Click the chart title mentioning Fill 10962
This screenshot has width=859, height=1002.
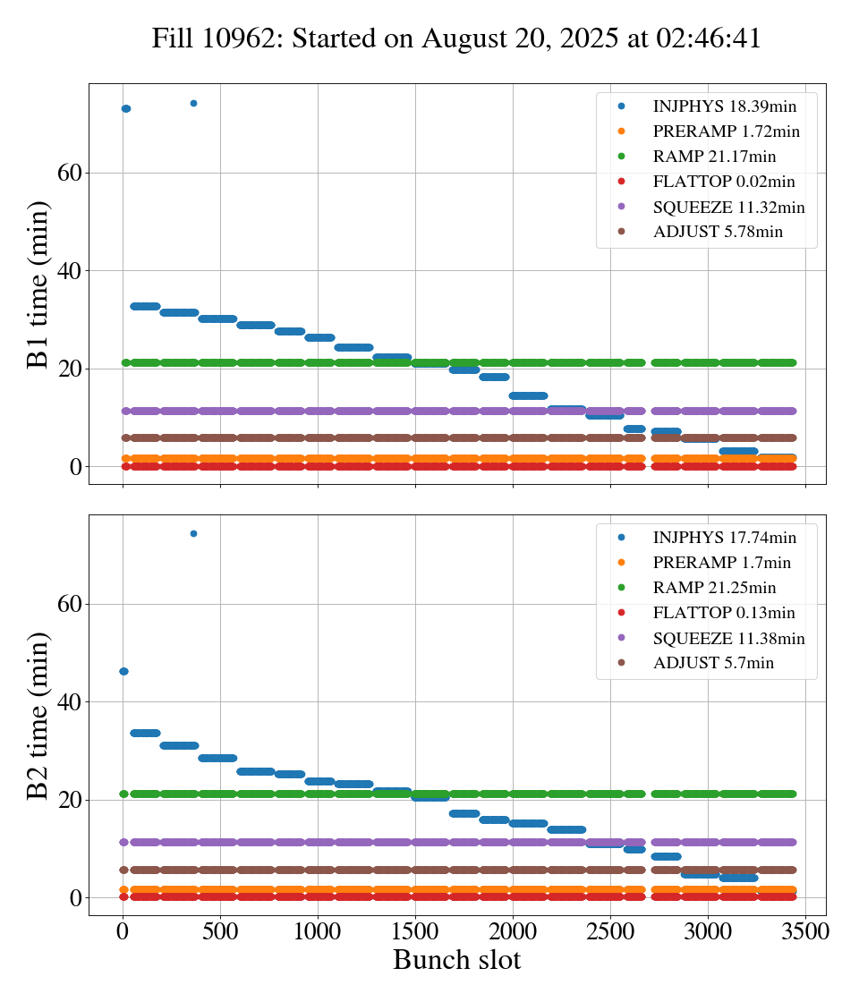(456, 39)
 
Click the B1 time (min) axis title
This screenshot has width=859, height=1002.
(38, 284)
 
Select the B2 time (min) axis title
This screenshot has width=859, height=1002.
(38, 716)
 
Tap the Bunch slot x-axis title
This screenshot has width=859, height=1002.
(456, 960)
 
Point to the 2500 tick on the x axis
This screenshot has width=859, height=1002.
(610, 930)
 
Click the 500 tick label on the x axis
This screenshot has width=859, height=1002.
(220, 930)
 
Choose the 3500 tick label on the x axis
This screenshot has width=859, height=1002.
(805, 930)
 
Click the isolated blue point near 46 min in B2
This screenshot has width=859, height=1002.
(123, 671)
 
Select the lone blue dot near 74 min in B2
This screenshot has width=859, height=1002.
(193, 533)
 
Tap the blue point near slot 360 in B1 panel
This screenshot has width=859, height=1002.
(193, 103)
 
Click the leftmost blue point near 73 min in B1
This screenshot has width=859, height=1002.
(125, 109)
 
